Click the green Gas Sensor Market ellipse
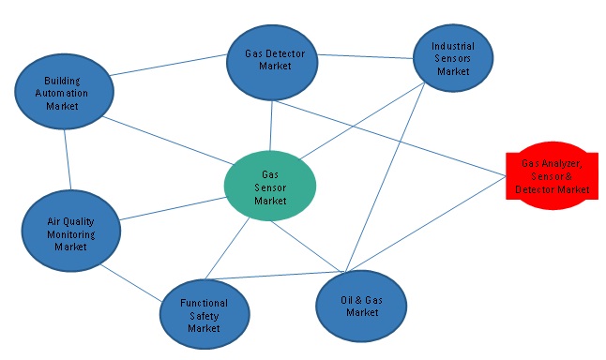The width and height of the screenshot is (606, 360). click(270, 184)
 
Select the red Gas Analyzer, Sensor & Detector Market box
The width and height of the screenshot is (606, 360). click(551, 177)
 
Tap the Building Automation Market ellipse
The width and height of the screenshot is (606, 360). click(65, 93)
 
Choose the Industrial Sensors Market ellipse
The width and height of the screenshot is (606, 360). click(453, 58)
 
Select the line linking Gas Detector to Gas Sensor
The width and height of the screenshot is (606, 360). click(272, 127)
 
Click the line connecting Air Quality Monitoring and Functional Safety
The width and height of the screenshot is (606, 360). click(131, 281)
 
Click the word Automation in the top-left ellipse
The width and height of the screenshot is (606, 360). click(66, 94)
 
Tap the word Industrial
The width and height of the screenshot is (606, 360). click(452, 46)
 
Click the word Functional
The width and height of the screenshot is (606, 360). click(204, 303)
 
